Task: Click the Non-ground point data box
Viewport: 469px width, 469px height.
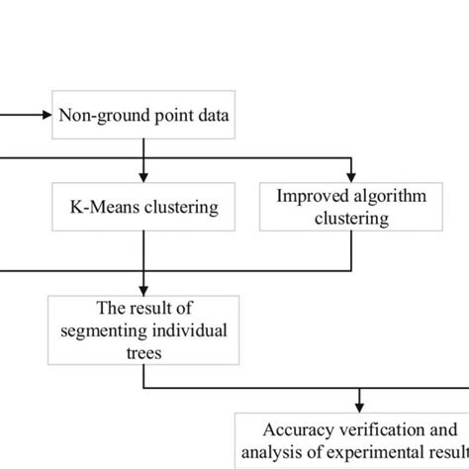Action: pos(144,116)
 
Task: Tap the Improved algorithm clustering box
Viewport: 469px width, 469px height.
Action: pos(351,207)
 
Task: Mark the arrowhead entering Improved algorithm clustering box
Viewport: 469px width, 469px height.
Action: pos(351,176)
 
